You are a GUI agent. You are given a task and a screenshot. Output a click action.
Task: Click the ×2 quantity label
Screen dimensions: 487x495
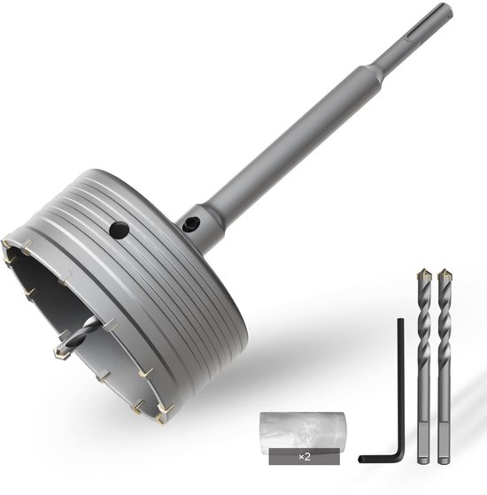305,456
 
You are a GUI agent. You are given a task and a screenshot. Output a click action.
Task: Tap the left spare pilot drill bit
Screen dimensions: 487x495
424,366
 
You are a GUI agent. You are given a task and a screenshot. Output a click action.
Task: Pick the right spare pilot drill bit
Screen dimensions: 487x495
444,366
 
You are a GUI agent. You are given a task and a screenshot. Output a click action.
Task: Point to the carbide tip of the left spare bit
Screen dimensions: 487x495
423,275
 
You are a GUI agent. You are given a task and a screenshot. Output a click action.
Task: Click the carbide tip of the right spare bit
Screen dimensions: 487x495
444,275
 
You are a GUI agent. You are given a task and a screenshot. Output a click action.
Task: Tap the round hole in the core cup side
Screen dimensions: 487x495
119,230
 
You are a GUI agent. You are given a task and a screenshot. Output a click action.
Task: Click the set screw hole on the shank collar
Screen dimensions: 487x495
190,223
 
